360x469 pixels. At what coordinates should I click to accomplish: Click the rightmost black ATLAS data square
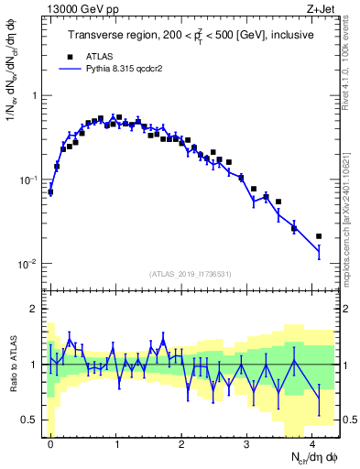click(x=318, y=236)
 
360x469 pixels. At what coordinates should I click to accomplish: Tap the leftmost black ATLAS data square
click(x=50, y=192)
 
